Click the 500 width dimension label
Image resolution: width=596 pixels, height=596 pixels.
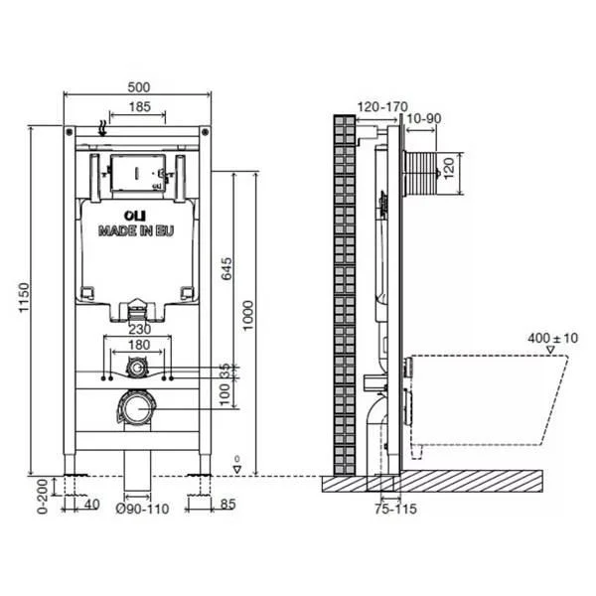139,87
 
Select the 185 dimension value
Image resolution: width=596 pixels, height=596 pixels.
140,107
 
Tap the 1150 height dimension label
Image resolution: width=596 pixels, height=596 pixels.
24,297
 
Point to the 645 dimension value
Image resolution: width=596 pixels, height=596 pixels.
226,268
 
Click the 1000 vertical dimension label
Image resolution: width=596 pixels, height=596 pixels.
247,316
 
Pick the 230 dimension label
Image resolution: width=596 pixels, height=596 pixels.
140,329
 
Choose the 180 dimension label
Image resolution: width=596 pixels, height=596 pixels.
139,345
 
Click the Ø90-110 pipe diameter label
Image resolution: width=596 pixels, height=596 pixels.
142,509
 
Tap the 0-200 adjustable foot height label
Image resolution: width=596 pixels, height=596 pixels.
43,497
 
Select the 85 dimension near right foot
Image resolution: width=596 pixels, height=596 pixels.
228,505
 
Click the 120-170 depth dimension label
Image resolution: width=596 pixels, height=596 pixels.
382,107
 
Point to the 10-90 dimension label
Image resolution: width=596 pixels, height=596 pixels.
424,118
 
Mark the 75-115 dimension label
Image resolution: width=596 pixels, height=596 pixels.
395,509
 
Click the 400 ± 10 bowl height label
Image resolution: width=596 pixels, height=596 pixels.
552,338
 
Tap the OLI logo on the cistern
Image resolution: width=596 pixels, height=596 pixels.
135,216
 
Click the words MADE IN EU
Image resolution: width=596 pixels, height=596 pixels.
136,230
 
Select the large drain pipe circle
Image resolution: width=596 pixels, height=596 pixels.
136,409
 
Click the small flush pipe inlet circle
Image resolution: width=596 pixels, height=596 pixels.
136,368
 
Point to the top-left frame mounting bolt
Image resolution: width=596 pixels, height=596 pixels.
70,132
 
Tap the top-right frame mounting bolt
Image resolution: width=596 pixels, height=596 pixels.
206,132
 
